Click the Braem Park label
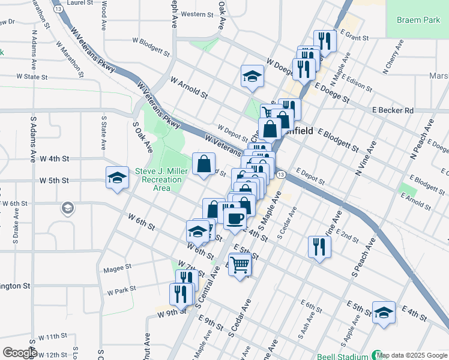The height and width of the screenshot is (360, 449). click(418, 20)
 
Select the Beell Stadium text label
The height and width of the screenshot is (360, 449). click(344, 355)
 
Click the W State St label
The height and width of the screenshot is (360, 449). click(32, 77)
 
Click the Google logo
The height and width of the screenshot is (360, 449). click(19, 352)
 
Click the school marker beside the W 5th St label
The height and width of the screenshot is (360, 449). click(117, 177)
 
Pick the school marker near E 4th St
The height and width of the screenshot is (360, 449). click(384, 312)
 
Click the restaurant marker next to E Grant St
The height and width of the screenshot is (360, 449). click(325, 41)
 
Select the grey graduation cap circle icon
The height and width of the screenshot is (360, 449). click(67, 209)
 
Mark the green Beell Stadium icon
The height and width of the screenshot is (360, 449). click(377, 355)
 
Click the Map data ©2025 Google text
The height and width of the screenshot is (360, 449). click(412, 355)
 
